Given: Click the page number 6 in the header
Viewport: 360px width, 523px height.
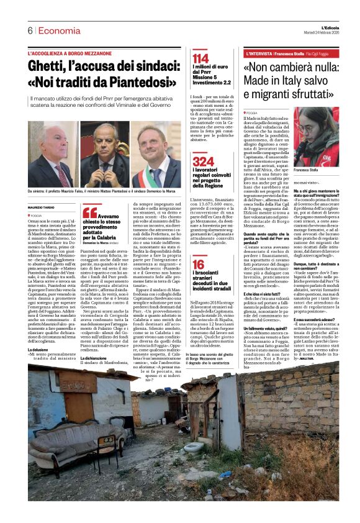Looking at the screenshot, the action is click(x=30, y=30).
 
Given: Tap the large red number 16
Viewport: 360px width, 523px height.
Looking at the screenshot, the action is click(x=198, y=266).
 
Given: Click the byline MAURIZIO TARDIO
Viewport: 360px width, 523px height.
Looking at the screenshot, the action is click(x=43, y=207).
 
